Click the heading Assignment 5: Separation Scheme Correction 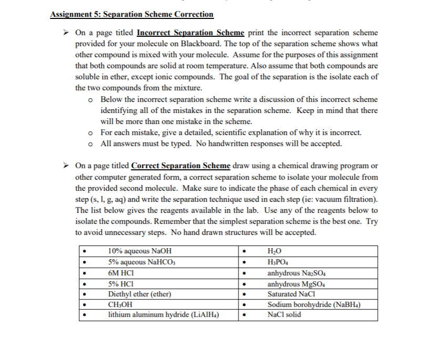click(x=131, y=14)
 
